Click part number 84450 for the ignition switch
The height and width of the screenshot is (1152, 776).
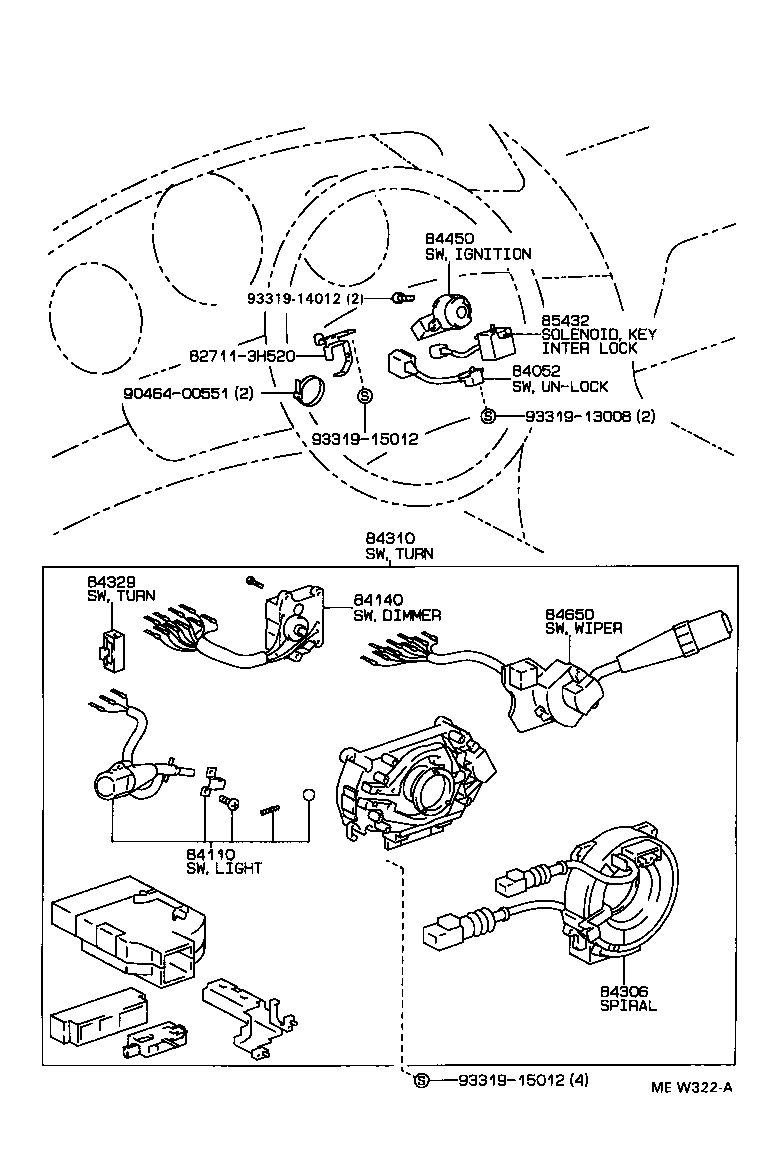pos(448,238)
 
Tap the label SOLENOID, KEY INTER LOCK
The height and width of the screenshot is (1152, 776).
pos(598,341)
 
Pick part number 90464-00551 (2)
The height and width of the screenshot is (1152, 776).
pos(188,394)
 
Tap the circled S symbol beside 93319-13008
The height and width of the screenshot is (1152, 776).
pos(488,416)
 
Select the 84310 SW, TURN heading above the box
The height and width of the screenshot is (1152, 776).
pos(398,545)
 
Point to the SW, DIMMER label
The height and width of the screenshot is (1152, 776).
pos(397,615)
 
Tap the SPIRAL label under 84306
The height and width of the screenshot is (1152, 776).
pos(628,1005)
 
